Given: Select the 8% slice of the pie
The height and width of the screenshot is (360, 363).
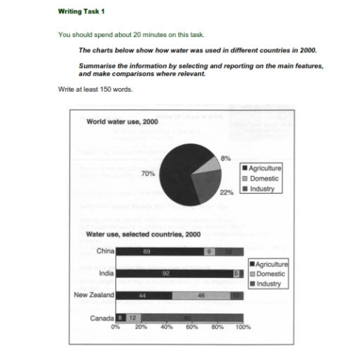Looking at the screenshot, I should [x=207, y=169].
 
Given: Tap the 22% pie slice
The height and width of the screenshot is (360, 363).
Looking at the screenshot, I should [x=207, y=189].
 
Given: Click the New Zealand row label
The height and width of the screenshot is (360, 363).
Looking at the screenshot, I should [x=95, y=295].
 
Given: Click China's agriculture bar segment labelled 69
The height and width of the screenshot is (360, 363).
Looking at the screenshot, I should [x=159, y=251].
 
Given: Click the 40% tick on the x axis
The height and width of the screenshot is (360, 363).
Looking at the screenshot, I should [x=166, y=327].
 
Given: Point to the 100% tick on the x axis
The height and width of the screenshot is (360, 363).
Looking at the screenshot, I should [x=242, y=327].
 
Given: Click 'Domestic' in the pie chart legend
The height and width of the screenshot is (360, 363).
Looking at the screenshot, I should [x=265, y=178].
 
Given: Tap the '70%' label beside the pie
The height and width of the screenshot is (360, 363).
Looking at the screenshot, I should [x=147, y=172].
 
